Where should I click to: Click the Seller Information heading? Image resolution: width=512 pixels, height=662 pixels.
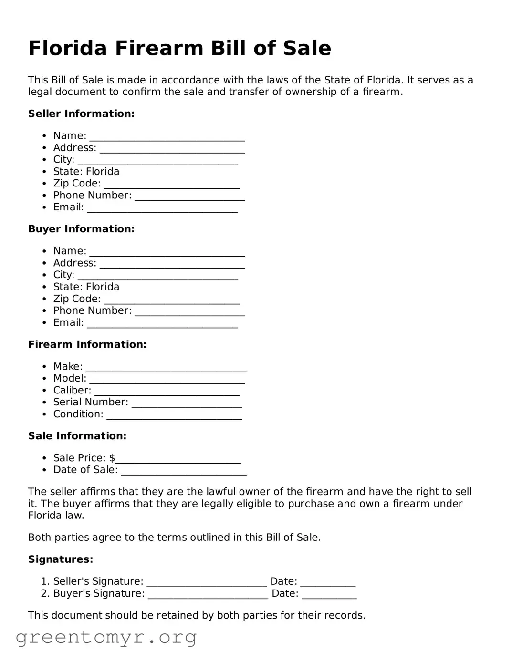pos(81,114)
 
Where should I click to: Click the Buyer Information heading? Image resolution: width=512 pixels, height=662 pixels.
pos(81,229)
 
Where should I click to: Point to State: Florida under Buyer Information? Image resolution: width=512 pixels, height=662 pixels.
pos(86,287)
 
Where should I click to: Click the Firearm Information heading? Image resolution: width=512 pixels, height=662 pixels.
pos(87,344)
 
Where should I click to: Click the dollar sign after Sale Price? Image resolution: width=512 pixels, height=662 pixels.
pos(112,458)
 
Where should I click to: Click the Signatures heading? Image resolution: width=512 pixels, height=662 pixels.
pos(61,559)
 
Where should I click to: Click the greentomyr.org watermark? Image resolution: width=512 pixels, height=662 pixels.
pos(106,637)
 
